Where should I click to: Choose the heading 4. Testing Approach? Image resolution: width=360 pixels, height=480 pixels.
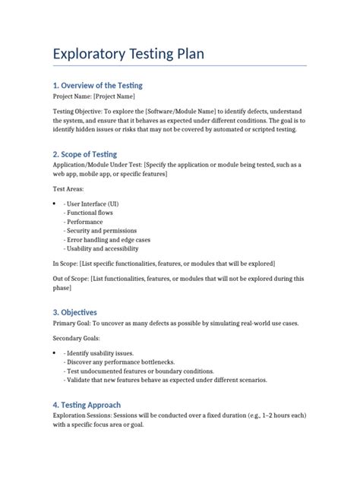pos(87,405)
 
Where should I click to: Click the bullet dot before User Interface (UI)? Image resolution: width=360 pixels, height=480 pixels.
pos(54,204)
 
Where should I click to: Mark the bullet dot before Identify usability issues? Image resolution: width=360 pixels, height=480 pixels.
pos(54,353)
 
